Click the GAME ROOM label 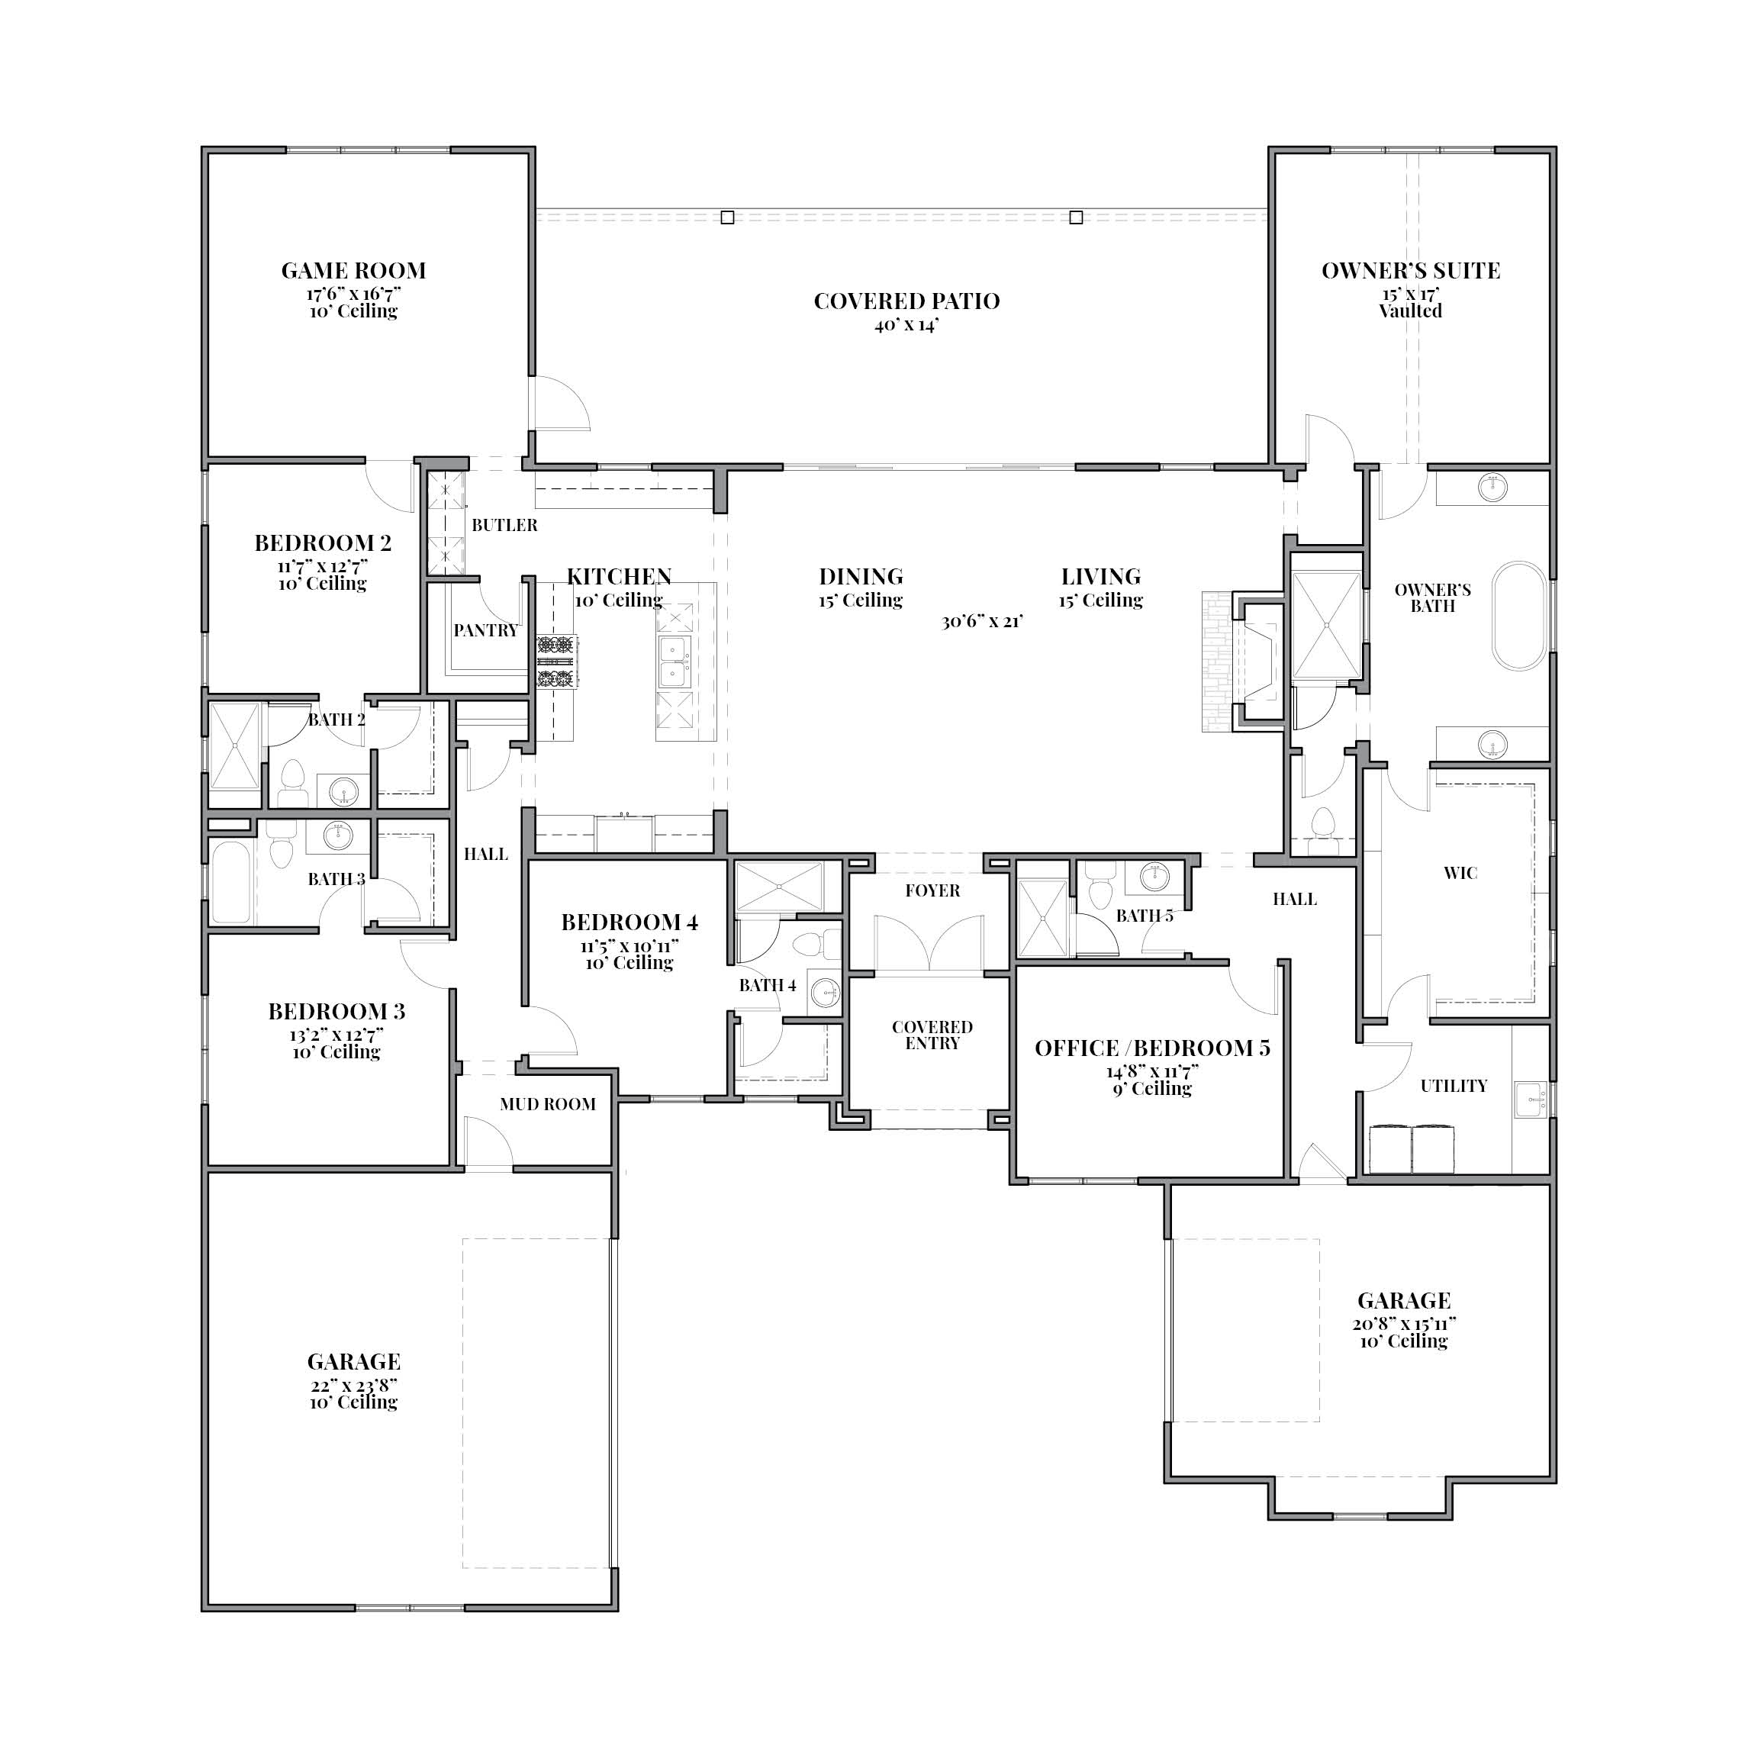click(353, 270)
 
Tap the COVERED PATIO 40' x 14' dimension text click(906, 325)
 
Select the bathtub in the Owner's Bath click(1518, 617)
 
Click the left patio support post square click(727, 217)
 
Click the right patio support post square click(1077, 217)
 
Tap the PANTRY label click(486, 629)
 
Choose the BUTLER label click(504, 525)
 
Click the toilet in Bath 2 click(292, 784)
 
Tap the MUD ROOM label click(548, 1104)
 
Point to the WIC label click(1460, 873)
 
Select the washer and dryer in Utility click(1412, 1148)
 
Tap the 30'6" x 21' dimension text click(983, 622)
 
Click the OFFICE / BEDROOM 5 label click(1152, 1048)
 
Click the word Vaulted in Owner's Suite click(1410, 311)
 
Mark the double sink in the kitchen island click(673, 662)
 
